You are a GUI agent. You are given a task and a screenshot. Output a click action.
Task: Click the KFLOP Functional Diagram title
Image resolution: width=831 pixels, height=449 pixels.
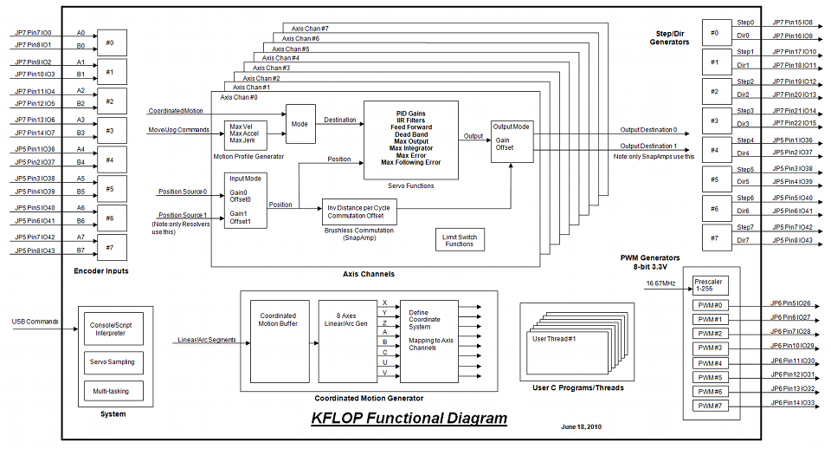[x=409, y=419]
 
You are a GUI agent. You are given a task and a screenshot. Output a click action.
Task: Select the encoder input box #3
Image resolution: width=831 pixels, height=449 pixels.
[x=111, y=130]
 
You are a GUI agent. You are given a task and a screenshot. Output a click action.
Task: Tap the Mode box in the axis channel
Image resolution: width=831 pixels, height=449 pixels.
[x=300, y=123]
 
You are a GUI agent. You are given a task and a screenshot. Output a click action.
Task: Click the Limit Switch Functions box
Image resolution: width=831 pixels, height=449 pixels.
[x=460, y=240]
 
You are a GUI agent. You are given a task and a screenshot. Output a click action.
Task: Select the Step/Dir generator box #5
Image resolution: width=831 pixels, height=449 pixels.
[x=714, y=180]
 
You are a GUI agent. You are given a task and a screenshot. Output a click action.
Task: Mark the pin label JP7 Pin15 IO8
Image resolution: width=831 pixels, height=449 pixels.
[x=791, y=22]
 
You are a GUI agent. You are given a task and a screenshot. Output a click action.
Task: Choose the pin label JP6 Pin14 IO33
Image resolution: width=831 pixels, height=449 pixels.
[x=792, y=403]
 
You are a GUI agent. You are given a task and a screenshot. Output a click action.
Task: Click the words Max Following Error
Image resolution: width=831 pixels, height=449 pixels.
[x=410, y=162]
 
